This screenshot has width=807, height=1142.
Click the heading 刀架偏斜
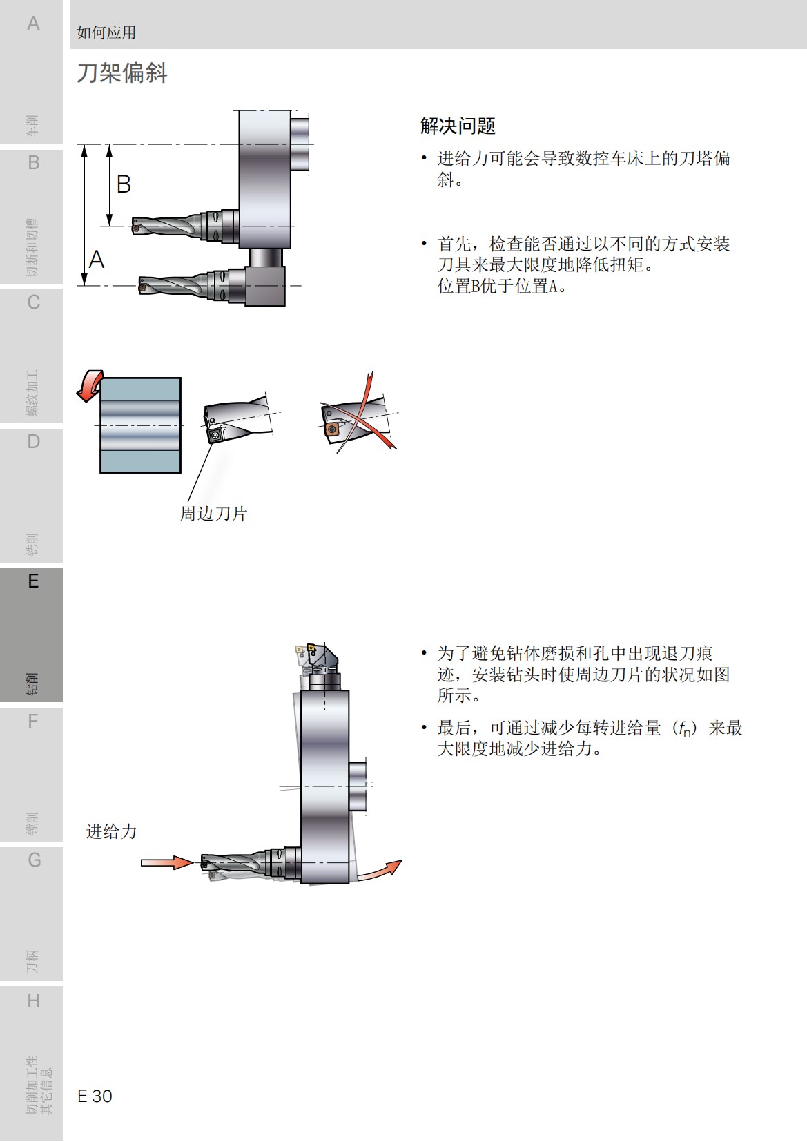coord(121,72)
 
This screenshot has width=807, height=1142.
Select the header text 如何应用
coord(106,32)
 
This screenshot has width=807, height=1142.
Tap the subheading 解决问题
coord(458,126)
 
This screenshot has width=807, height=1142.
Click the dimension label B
coord(124,184)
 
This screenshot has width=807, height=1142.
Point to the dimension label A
coord(97,260)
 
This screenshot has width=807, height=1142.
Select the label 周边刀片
coord(213,514)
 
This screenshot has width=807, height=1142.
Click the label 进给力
coord(111,831)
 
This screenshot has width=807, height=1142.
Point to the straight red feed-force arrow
coord(166,862)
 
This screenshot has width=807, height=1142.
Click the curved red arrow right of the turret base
coord(379,870)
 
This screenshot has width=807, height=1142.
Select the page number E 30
coord(95,1096)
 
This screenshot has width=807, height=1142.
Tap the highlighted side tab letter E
coord(32,581)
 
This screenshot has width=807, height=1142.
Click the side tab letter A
coord(32,23)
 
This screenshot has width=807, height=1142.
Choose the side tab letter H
coord(32,1000)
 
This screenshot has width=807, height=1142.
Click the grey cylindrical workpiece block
coord(141,425)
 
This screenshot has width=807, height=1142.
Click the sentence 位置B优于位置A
coord(502,287)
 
